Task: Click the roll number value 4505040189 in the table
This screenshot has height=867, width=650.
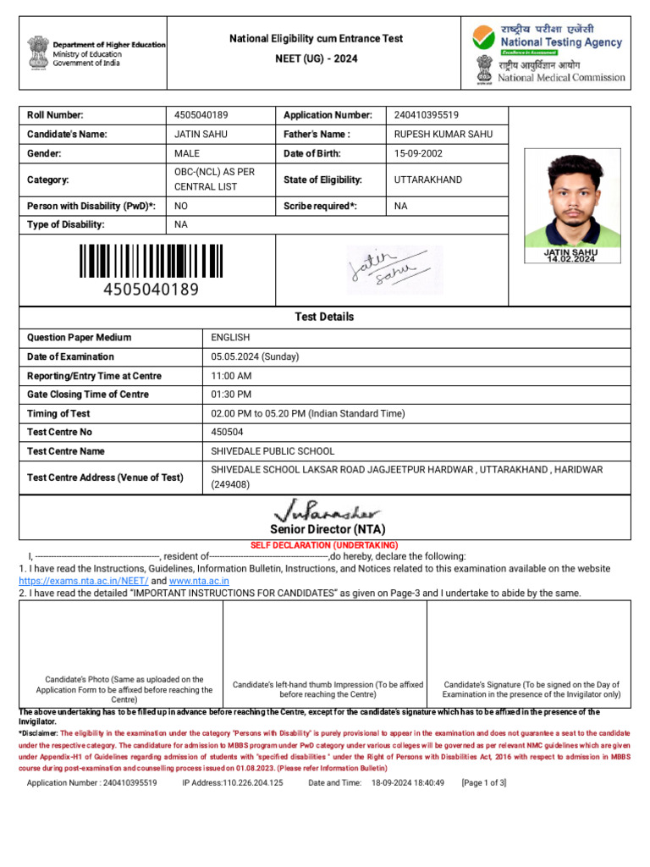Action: (201, 115)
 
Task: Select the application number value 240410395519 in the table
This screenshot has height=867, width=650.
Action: (427, 115)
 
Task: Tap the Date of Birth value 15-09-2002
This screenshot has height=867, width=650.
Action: (418, 154)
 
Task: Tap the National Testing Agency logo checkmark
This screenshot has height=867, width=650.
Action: (483, 37)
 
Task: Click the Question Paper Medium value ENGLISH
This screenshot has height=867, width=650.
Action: (230, 337)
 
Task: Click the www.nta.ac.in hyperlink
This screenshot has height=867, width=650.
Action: (201, 581)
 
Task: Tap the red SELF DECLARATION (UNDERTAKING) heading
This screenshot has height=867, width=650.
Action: (323, 544)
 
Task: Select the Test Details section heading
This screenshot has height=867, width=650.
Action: (324, 317)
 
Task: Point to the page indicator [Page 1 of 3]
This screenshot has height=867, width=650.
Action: (483, 783)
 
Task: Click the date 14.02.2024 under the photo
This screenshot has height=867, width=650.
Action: (570, 259)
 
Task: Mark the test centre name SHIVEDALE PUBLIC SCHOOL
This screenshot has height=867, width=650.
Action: (273, 451)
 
